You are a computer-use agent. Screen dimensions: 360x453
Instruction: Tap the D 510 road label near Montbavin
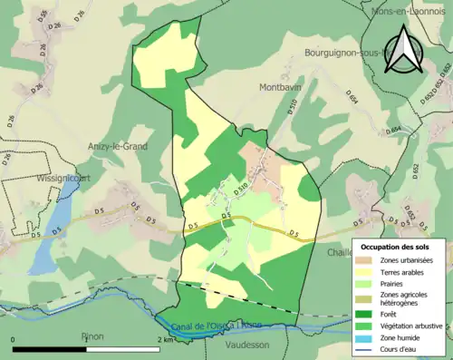292,106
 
